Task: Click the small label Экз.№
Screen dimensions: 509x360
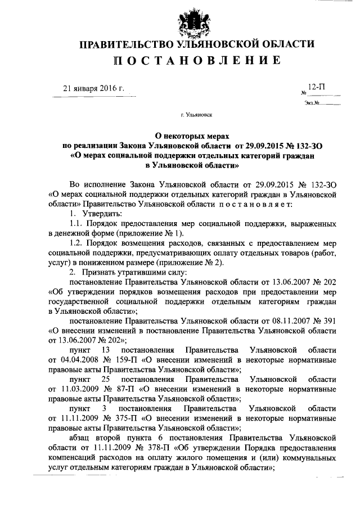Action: [x=312, y=103]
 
